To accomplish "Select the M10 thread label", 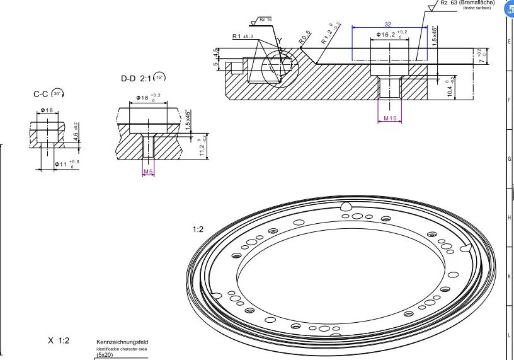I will point(391,119).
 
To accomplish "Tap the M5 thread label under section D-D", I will point(148,171).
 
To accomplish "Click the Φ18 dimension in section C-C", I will point(47,110).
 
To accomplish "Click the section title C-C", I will point(42,94).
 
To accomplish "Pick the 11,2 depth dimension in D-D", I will point(202,146).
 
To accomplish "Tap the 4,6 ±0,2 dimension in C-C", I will point(76,133).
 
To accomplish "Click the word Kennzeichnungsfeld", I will point(122,342).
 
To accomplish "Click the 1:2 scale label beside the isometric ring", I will point(198,230).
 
